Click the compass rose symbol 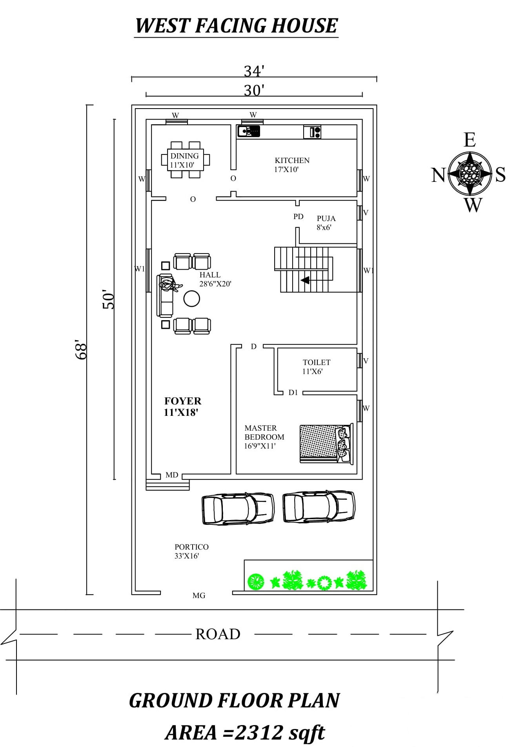tap(470, 173)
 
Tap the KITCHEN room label tap(292, 160)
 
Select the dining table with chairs tap(186, 160)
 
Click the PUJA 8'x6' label tap(326, 223)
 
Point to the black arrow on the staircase tap(305, 280)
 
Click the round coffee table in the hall tap(192, 299)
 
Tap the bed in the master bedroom tap(326, 443)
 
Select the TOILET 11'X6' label tap(316, 367)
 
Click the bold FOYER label tap(182, 401)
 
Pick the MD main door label tap(172, 475)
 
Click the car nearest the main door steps tap(238, 508)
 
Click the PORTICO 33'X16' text tap(191, 551)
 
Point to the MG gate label tap(199, 595)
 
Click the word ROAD tap(218, 634)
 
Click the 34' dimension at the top tap(254, 71)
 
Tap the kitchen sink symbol tap(249, 131)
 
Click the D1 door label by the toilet tap(293, 392)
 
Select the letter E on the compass tap(470, 140)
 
